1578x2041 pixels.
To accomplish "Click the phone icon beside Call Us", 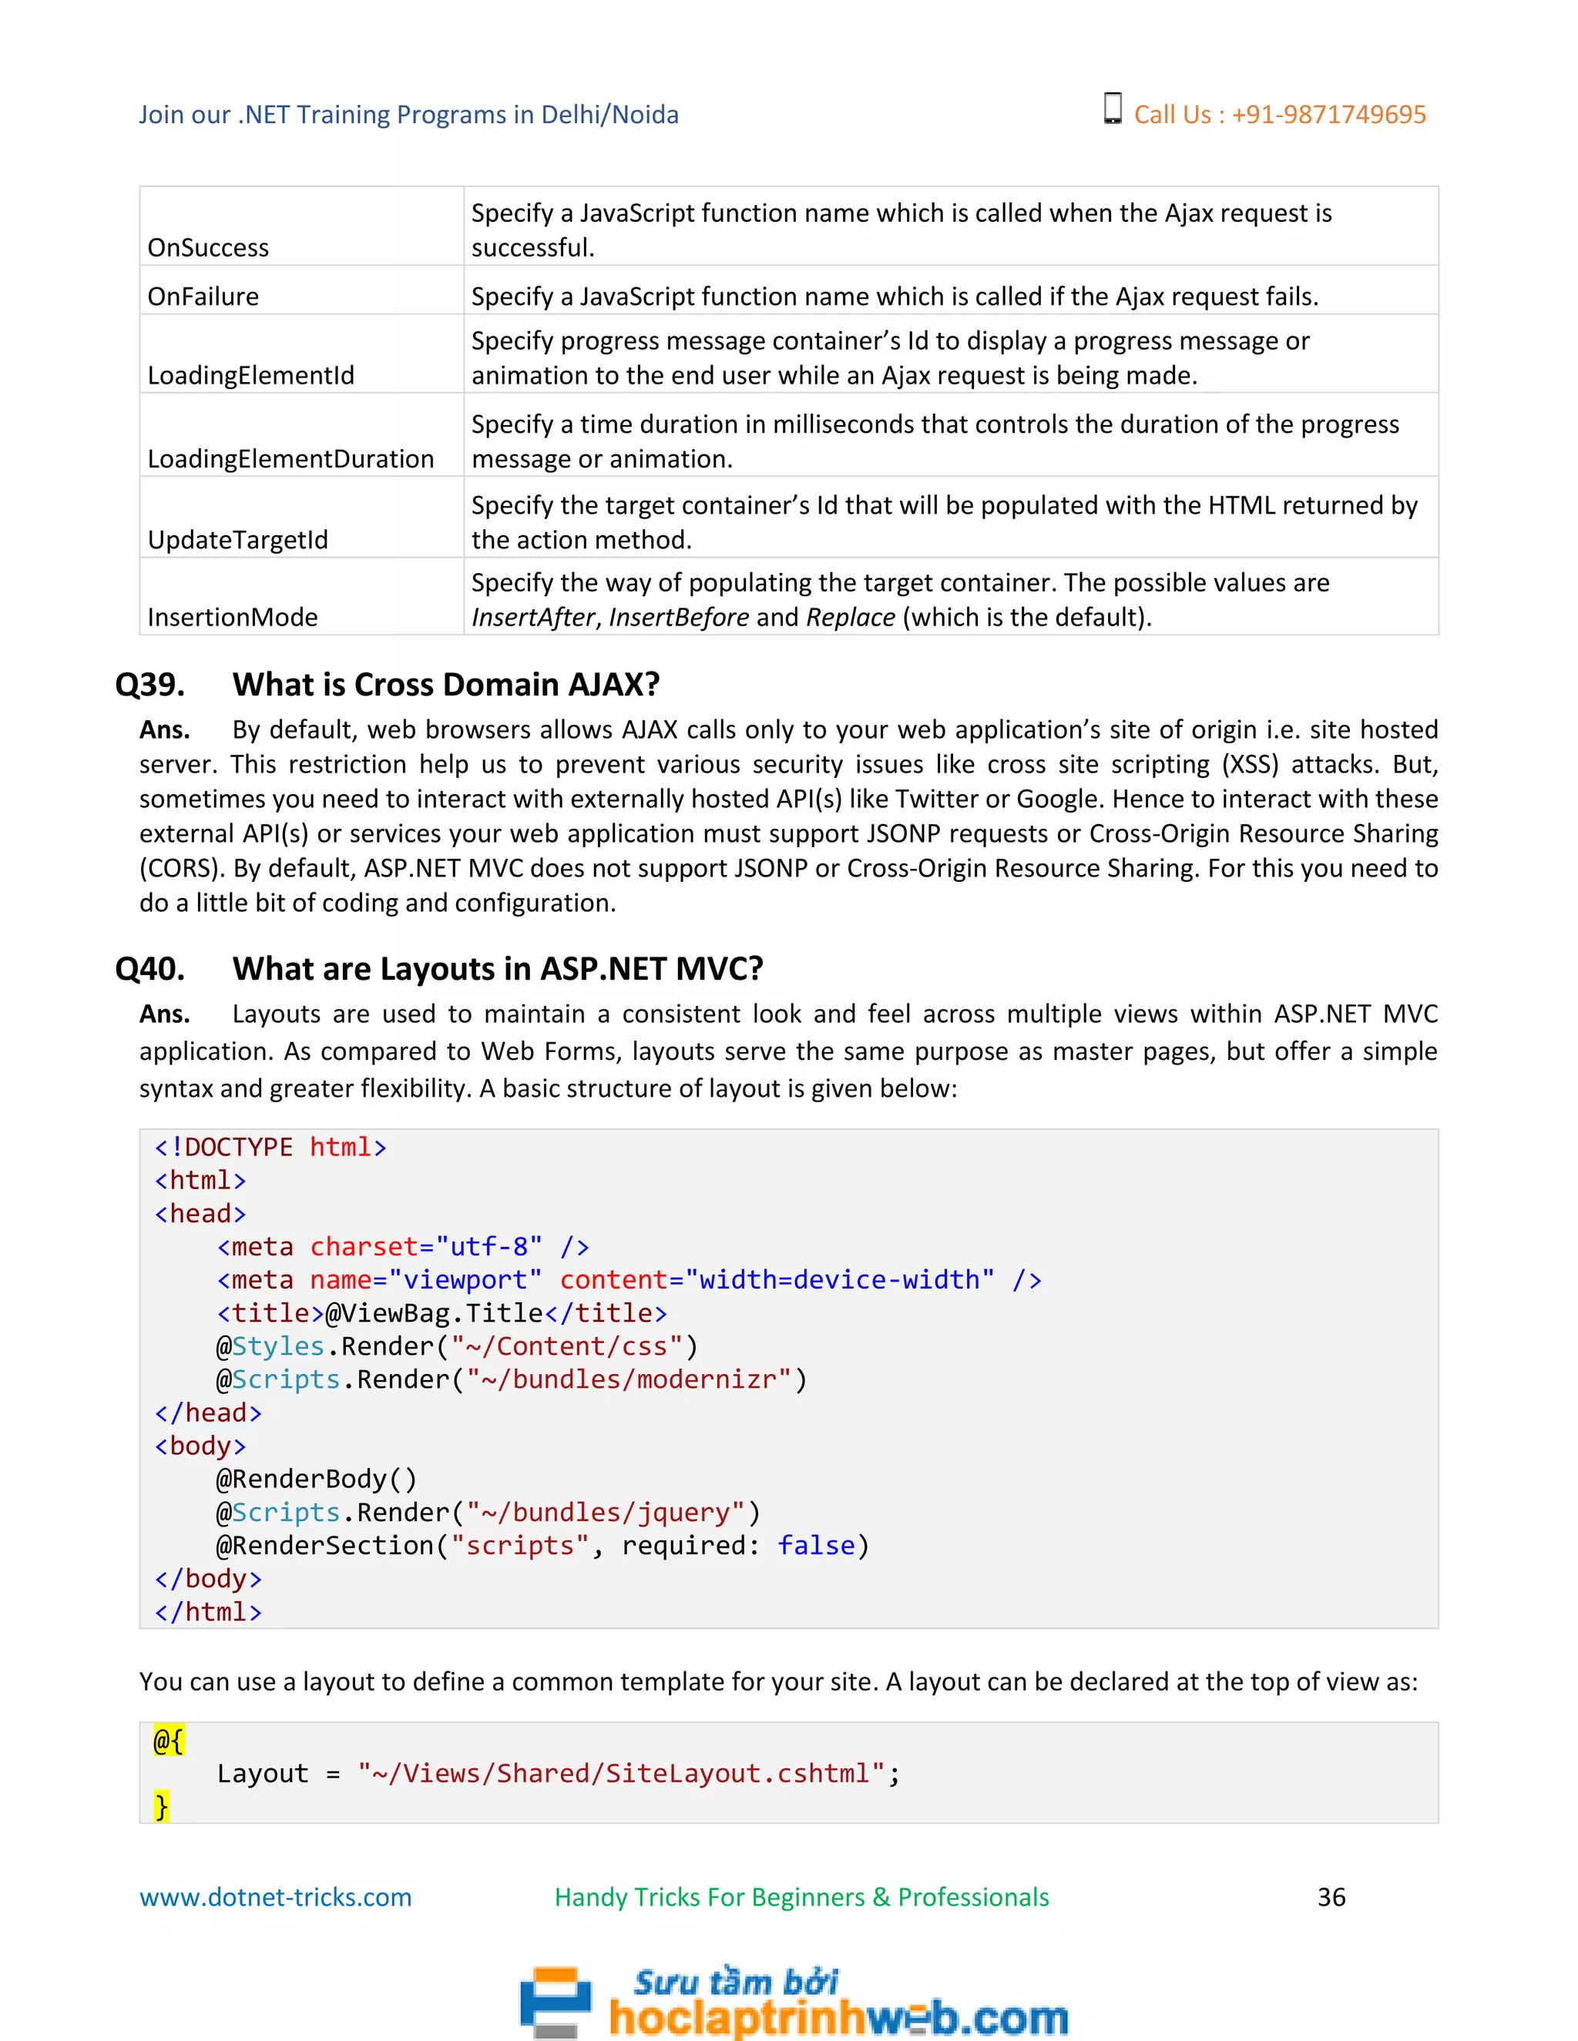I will click(1113, 109).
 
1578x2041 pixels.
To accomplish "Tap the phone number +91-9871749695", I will click(1328, 115).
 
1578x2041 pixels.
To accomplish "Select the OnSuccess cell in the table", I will click(209, 248).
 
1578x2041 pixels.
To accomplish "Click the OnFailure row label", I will click(203, 297).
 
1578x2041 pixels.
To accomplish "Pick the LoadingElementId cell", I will click(250, 376).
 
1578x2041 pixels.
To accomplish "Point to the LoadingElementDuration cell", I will click(290, 459).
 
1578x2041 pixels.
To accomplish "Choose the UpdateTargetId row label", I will click(237, 540).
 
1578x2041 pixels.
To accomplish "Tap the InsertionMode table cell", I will click(233, 617).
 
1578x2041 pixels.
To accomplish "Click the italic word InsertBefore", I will click(679, 618).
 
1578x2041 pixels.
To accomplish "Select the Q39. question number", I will click(149, 685).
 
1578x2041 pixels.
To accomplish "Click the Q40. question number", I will click(149, 969).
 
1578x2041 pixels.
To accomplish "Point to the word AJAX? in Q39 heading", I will click(614, 685).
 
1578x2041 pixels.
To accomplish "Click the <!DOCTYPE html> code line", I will click(270, 1148).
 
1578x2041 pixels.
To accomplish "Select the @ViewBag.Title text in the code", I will click(434, 1314).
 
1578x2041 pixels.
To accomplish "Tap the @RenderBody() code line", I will click(317, 1480).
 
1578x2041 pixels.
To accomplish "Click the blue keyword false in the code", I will click(816, 1546).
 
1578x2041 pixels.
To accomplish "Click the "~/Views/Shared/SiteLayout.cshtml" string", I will click(621, 1774).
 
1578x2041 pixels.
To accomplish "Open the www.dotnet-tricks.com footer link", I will click(275, 1897).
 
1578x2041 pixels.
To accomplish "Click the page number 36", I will click(1331, 1897).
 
